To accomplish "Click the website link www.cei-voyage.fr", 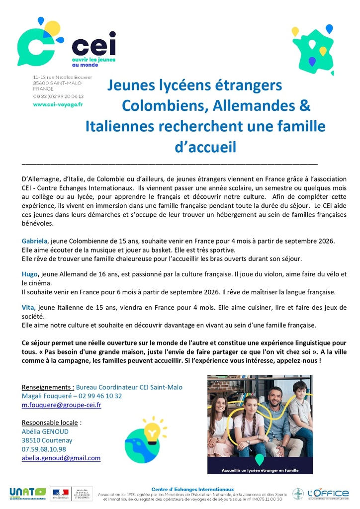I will pyautogui.click(x=58, y=104).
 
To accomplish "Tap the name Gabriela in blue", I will pyautogui.click(x=35, y=241).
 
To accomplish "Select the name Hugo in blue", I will pyautogui.click(x=30, y=274).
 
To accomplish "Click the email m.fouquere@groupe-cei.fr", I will pyautogui.click(x=62, y=405).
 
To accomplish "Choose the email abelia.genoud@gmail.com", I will pyautogui.click(x=61, y=458).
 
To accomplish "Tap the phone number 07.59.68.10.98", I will pyautogui.click(x=44, y=449).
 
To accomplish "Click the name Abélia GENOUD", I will pyautogui.click(x=45, y=431).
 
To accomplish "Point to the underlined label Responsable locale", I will pyautogui.click(x=50, y=423).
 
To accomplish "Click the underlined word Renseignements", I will pyautogui.click(x=48, y=387).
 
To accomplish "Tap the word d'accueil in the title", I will pyautogui.click(x=204, y=147).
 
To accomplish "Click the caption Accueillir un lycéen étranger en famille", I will pyautogui.click(x=260, y=468).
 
